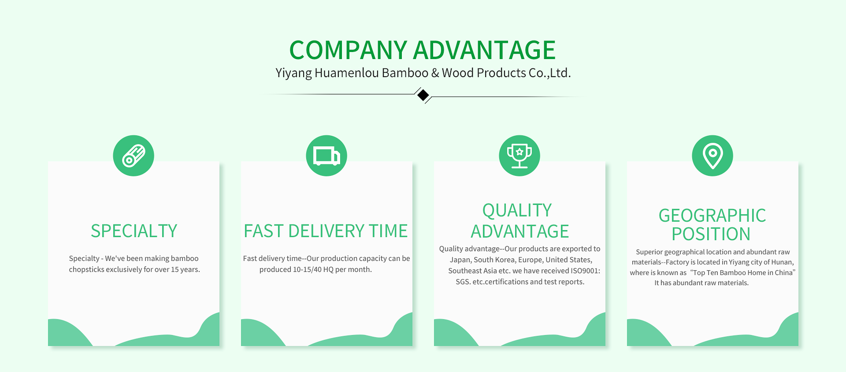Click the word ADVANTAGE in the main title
click(x=484, y=50)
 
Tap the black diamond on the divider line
click(x=423, y=95)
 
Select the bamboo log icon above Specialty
click(x=134, y=156)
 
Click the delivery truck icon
click(x=327, y=156)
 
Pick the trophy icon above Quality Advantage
click(x=519, y=156)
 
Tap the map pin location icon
click(x=712, y=156)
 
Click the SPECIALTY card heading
click(x=134, y=231)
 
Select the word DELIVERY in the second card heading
click(x=326, y=231)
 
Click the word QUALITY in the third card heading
click(x=517, y=211)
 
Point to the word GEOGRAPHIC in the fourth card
click(x=712, y=216)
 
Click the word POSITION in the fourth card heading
click(x=711, y=234)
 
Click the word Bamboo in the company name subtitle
click(x=405, y=73)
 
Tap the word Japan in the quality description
click(x=460, y=260)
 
